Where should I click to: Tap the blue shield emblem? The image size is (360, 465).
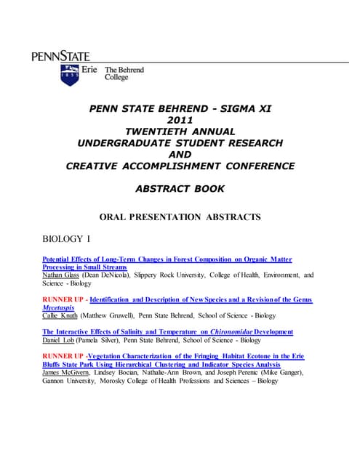(70, 75)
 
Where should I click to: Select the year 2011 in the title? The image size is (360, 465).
(180, 120)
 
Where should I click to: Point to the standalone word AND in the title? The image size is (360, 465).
(180, 154)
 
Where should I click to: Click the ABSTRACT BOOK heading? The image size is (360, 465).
(180, 188)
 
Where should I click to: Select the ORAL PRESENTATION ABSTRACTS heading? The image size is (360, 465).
(180, 217)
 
